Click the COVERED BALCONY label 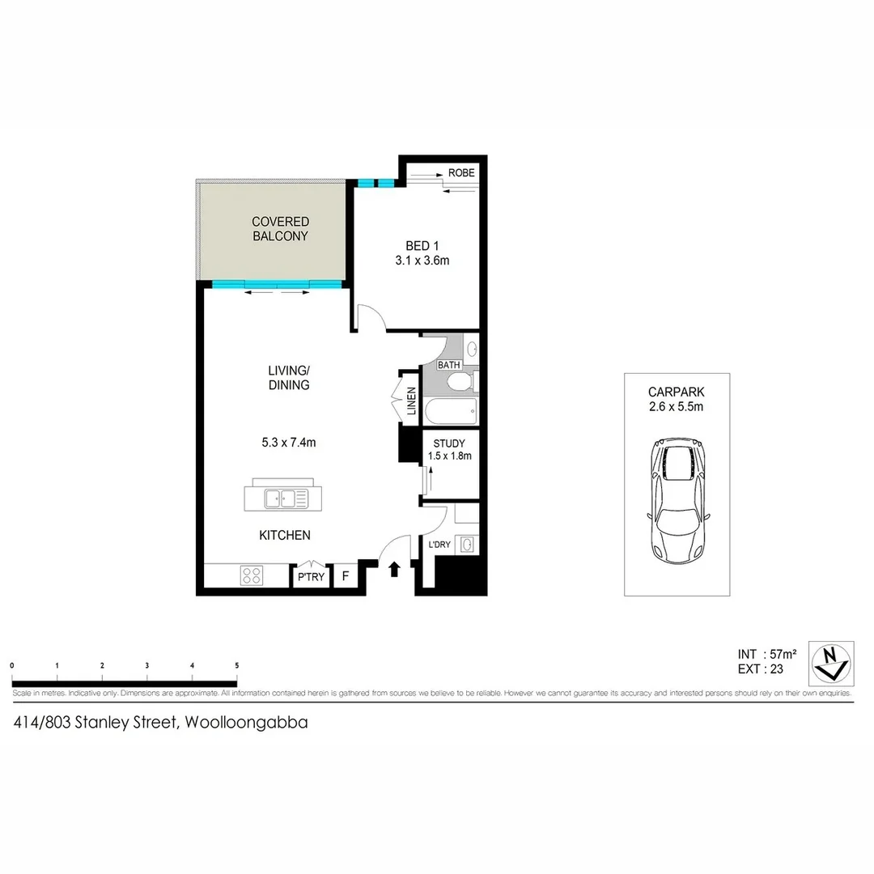click(280, 229)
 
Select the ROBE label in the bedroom click(461, 173)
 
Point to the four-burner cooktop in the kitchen click(252, 575)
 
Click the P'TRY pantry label click(311, 577)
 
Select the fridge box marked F click(346, 576)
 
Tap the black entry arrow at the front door click(395, 569)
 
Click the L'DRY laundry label click(439, 545)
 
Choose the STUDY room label click(449, 443)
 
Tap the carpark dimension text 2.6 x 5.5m click(677, 407)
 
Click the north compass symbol click(834, 662)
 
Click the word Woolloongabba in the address click(247, 723)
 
